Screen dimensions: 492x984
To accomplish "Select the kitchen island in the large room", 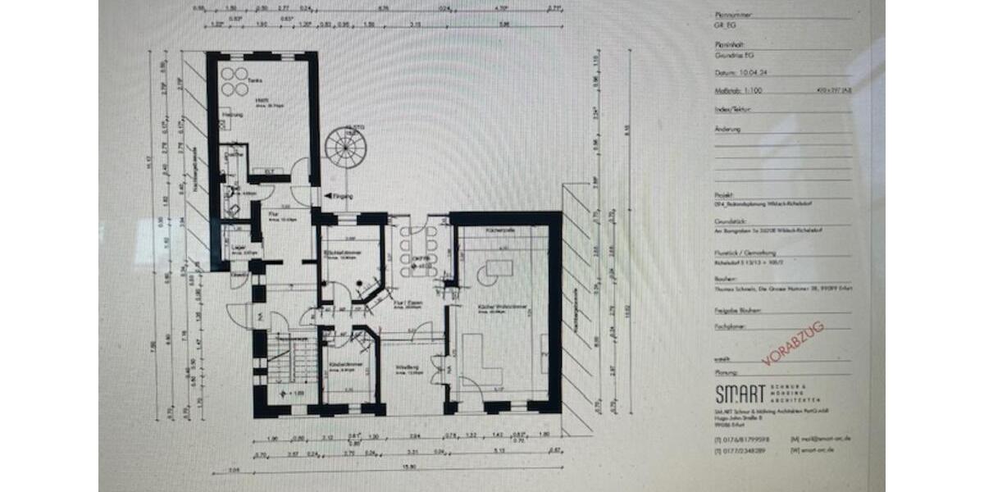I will (499, 268).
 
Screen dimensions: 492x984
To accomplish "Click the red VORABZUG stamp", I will (792, 344).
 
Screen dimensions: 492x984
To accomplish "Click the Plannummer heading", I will (731, 15).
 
